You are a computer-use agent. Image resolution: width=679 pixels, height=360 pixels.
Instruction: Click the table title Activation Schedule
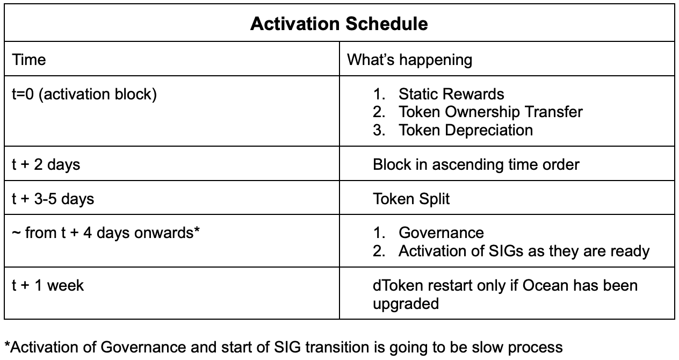click(339, 24)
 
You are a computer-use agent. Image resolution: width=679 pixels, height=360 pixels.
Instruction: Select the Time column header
click(29, 60)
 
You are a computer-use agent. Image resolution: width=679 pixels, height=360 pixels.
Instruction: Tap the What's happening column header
click(409, 60)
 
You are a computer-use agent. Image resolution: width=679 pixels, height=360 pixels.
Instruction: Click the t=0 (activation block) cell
click(84, 95)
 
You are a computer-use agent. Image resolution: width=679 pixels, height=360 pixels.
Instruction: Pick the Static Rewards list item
click(451, 93)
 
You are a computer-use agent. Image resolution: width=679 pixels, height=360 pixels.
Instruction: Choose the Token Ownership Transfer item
click(490, 112)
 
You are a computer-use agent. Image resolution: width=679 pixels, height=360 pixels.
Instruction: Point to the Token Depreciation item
click(466, 131)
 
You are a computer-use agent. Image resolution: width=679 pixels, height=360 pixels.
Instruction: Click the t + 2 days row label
click(46, 164)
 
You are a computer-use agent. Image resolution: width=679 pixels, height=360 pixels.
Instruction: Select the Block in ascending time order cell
click(476, 165)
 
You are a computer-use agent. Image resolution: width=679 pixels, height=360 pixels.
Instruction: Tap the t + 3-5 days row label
click(53, 199)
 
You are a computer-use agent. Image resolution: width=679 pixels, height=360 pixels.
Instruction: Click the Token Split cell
click(411, 199)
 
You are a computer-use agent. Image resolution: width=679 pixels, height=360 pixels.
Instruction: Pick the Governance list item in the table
click(441, 233)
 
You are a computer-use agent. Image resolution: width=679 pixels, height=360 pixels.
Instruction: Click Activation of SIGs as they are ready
click(524, 251)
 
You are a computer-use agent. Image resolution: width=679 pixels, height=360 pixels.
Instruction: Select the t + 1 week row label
click(48, 285)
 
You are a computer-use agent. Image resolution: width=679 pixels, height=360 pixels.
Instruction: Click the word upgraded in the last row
click(406, 304)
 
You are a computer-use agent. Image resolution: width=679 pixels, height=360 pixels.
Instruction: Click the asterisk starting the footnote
click(8, 344)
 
